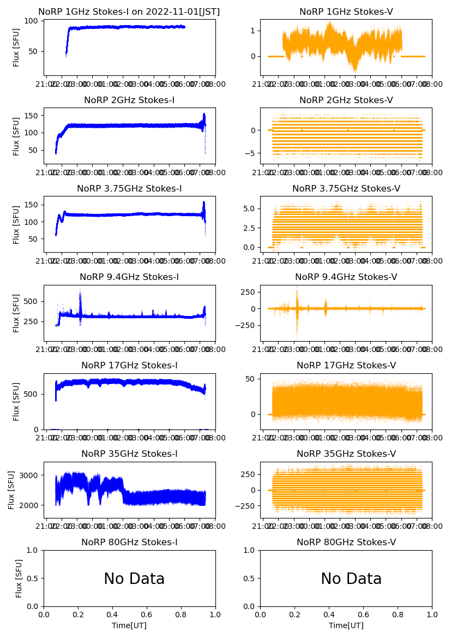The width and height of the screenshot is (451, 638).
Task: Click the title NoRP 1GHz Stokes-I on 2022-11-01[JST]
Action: coord(129,12)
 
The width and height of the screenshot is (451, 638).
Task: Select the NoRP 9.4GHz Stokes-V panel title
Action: coord(346,277)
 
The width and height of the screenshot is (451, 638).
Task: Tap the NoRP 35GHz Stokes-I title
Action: coord(129,454)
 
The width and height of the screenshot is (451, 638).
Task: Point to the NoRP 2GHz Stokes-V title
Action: coord(346,100)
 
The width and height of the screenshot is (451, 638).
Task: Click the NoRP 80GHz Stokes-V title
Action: coord(346,542)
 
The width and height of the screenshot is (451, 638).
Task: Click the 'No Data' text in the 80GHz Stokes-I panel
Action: coord(134,579)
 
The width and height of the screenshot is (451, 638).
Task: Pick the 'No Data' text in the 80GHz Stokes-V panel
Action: coord(351,579)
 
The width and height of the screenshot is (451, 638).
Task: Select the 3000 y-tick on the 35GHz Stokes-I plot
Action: coord(31,475)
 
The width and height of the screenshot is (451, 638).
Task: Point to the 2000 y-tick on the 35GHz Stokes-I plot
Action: coord(31,505)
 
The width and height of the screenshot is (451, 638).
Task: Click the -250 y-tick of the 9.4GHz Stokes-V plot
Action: coord(245,325)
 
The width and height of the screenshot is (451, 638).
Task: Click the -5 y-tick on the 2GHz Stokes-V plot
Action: coord(251,153)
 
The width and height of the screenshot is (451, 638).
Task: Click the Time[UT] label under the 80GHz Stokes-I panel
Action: coord(129,625)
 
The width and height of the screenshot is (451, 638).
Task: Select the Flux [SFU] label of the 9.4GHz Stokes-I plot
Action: coord(16,313)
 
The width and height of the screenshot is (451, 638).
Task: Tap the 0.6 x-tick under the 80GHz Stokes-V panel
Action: coord(364,615)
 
